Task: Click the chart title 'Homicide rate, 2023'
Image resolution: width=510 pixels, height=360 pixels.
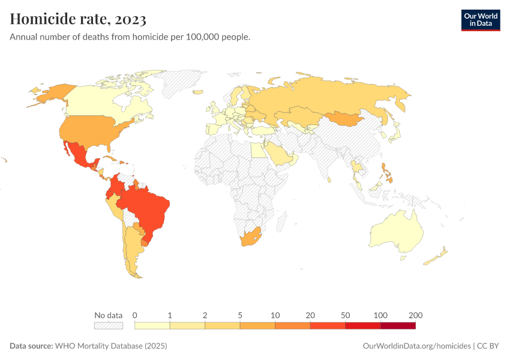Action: coord(78,19)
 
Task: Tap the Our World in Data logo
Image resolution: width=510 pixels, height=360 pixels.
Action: coord(480,20)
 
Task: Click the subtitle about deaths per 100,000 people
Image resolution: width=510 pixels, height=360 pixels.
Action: coord(130,37)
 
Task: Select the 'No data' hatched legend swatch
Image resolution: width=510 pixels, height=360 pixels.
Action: coord(108,325)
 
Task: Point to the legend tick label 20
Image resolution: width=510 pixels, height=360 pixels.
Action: coord(310,315)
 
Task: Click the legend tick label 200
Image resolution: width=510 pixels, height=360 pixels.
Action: coord(415,315)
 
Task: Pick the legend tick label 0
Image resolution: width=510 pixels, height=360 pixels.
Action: coord(135,315)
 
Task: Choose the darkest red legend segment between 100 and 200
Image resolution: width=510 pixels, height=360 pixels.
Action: coord(398,325)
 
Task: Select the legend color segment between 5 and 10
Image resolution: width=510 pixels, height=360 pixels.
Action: coord(257,325)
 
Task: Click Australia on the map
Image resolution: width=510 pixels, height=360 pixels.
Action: coord(396,234)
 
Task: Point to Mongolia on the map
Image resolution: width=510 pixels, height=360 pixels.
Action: coord(345,118)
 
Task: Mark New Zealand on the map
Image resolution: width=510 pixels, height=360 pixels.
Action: coord(437,256)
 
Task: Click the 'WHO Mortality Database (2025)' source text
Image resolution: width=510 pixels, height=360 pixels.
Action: coord(110,346)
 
